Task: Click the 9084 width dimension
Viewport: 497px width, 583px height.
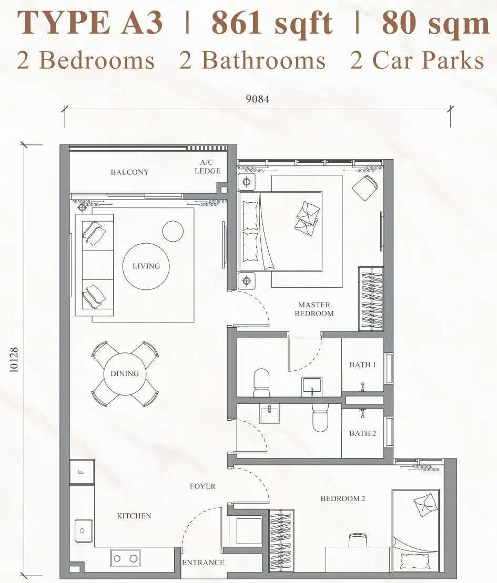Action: click(257, 99)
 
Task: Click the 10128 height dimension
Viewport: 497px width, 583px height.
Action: click(14, 360)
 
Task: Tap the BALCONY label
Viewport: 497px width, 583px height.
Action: click(129, 172)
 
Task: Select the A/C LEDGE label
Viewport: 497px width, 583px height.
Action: click(207, 166)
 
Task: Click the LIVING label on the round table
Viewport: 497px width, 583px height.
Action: click(146, 266)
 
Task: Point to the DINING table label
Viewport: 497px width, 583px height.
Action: click(125, 373)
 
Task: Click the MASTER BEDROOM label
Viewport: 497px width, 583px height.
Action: click(314, 309)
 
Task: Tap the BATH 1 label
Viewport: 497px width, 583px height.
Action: click(362, 365)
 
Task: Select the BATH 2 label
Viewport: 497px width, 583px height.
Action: click(362, 433)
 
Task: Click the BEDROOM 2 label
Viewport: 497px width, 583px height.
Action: click(343, 498)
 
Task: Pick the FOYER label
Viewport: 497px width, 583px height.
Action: click(202, 486)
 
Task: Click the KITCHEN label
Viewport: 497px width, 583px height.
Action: click(134, 516)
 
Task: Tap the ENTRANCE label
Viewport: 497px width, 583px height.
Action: click(203, 563)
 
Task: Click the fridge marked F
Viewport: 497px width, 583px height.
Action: click(82, 472)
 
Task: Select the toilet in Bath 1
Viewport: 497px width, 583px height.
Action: click(261, 382)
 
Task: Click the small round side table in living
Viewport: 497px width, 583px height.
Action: click(173, 231)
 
